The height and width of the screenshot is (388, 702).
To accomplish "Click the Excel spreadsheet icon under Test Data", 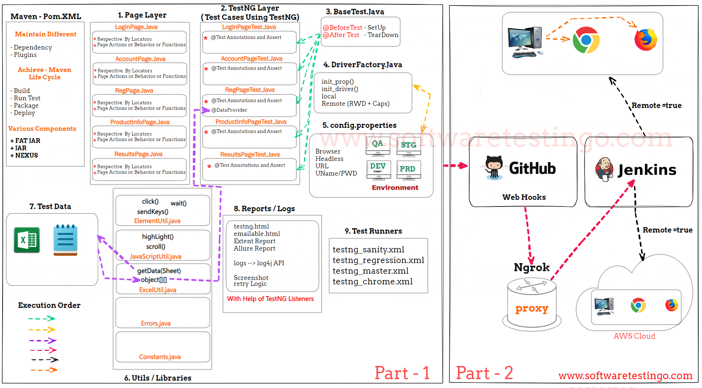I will pyautogui.click(x=27, y=240).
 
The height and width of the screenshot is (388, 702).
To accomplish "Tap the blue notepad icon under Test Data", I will pyautogui.click(x=65, y=240).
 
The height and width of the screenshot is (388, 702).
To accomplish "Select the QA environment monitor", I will pyautogui.click(x=378, y=145).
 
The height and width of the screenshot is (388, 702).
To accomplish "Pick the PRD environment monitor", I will pyautogui.click(x=408, y=170).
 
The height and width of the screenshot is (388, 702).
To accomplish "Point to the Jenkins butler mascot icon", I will pyautogui.click(x=604, y=169).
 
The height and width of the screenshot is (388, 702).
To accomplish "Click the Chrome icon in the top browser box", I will pyautogui.click(x=586, y=40).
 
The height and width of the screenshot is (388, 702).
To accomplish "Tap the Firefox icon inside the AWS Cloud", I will pyautogui.click(x=672, y=305).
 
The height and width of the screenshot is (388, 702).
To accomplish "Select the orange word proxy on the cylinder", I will pyautogui.click(x=532, y=308).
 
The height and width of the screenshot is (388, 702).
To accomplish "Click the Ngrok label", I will pyautogui.click(x=531, y=267).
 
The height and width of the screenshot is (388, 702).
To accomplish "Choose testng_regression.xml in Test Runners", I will pyautogui.click(x=378, y=260).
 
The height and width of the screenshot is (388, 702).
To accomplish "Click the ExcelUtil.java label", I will pyautogui.click(x=158, y=290).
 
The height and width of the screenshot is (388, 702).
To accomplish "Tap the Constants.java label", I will pyautogui.click(x=160, y=357).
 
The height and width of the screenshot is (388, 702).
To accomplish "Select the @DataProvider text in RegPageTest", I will pyautogui.click(x=229, y=110).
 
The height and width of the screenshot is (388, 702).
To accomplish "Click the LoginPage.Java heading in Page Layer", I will pyautogui.click(x=136, y=27).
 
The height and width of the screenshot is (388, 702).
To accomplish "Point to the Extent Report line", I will pyautogui.click(x=254, y=241).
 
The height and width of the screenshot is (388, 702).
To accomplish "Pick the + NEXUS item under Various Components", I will pyautogui.click(x=24, y=155).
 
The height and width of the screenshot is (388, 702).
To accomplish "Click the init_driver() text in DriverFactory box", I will pyautogui.click(x=340, y=89).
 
